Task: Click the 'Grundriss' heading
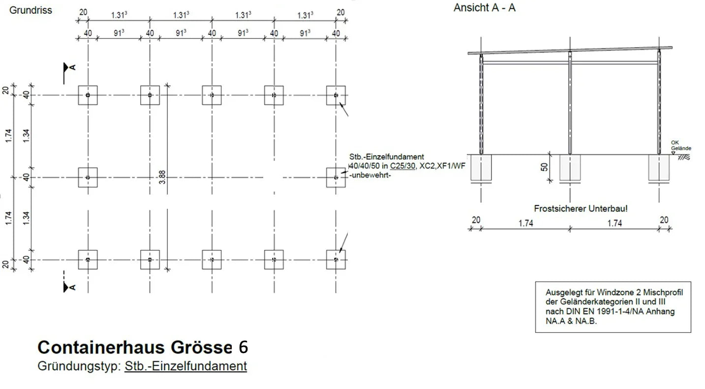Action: tap(30, 10)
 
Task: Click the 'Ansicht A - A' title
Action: tap(485, 8)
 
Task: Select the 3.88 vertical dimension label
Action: tap(162, 178)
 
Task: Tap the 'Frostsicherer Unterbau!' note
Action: tap(581, 209)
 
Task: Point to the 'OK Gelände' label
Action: tap(681, 146)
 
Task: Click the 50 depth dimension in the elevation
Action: tap(544, 167)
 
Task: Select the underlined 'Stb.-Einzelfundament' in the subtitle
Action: tap(185, 366)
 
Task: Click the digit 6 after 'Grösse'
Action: tap(243, 347)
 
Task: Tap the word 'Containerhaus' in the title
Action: tap(101, 348)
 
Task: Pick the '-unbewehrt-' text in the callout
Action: tap(369, 175)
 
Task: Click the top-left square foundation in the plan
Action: tap(88, 95)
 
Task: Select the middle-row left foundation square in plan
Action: tap(88, 177)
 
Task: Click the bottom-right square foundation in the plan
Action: tap(336, 259)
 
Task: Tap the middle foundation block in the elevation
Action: tap(570, 167)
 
